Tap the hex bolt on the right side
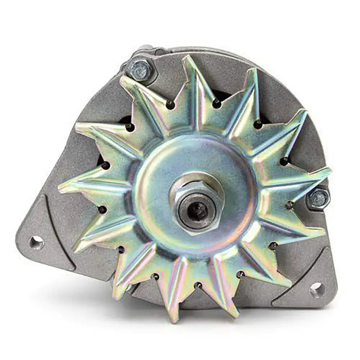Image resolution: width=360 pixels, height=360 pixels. coord(319,198)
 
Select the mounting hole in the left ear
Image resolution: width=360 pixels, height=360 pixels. coord(36,243)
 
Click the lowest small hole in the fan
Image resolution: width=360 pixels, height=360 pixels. coord(197,285)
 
